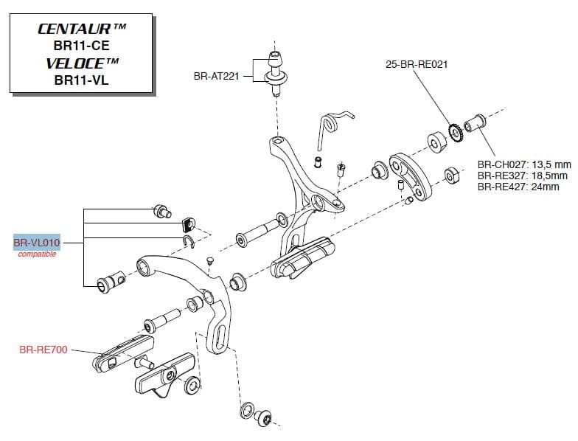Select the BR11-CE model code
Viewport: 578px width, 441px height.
click(81, 46)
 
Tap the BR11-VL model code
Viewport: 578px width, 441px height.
click(81, 80)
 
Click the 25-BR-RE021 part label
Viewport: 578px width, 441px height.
click(416, 64)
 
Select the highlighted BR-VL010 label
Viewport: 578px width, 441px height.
click(36, 243)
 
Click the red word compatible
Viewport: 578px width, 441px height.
click(37, 254)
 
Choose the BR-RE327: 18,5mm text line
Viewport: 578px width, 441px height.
click(522, 176)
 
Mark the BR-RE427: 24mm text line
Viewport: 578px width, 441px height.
click(518, 187)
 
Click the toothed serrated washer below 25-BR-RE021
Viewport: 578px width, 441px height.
click(454, 132)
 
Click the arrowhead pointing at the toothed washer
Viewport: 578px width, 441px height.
click(448, 121)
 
